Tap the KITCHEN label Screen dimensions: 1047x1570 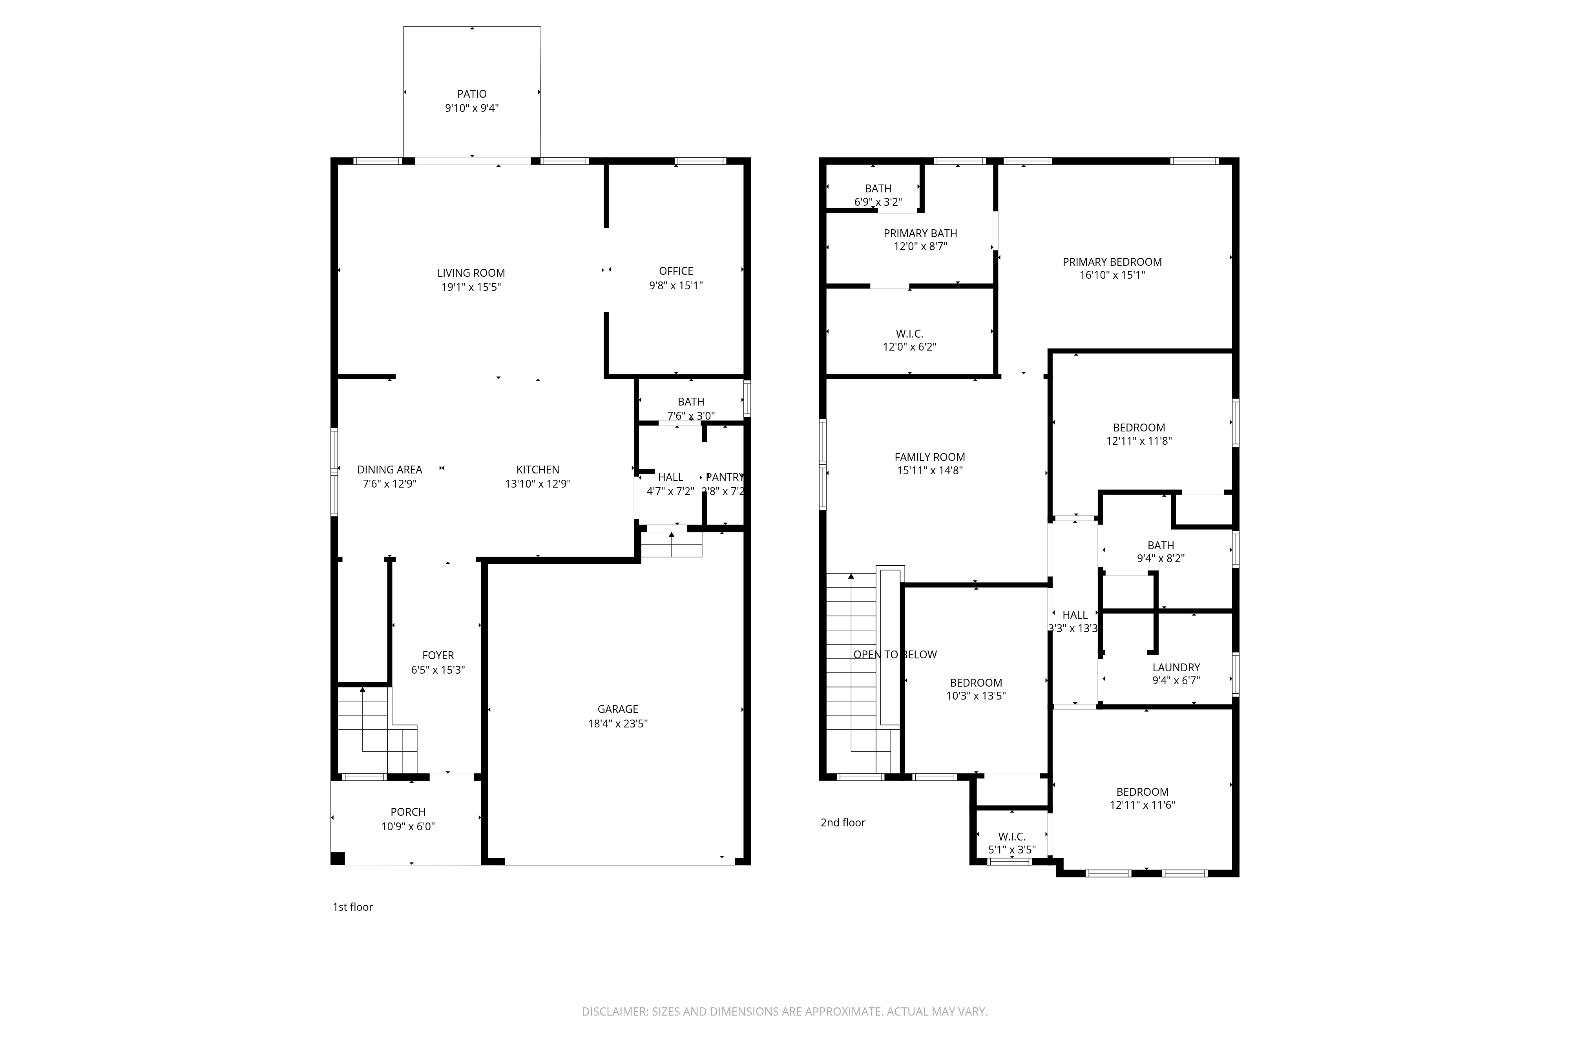[x=537, y=470]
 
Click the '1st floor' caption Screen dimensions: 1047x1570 [x=352, y=907]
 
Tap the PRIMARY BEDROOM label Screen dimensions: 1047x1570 [x=1112, y=262]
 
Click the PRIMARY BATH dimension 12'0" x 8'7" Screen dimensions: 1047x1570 [x=920, y=247]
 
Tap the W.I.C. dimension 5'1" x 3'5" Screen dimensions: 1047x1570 [x=1011, y=850]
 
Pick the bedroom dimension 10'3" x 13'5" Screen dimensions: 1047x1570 [x=975, y=696]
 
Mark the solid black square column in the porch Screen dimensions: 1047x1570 [x=338, y=859]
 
